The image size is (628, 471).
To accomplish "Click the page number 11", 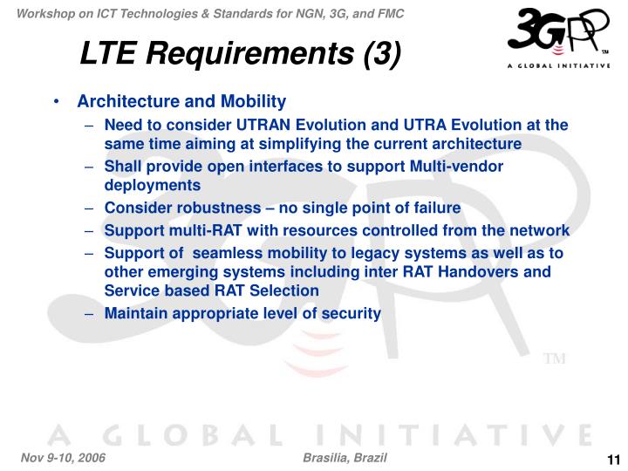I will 611,461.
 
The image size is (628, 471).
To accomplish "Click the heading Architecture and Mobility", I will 181,101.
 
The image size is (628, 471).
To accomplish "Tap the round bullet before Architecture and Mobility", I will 56,102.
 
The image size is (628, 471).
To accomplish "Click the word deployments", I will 152,185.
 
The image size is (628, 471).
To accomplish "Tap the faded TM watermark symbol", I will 555,359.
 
